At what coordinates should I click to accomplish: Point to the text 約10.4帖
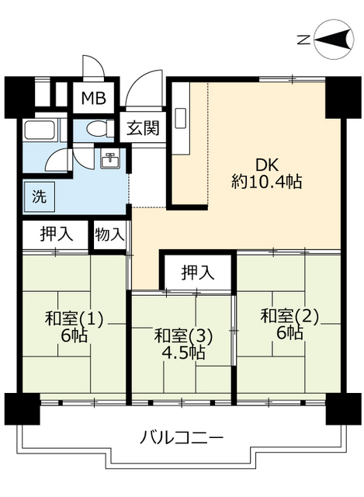click(x=266, y=183)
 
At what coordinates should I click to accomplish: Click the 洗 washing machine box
click(x=38, y=196)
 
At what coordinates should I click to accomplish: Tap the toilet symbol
click(x=97, y=129)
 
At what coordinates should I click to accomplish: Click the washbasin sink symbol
click(x=109, y=162)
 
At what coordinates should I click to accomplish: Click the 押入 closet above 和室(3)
click(x=197, y=273)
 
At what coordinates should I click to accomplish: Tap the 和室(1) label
click(x=74, y=318)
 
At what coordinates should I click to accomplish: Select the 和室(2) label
click(x=289, y=316)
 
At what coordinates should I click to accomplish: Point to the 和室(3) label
click(x=182, y=335)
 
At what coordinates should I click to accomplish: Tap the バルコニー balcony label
click(x=182, y=438)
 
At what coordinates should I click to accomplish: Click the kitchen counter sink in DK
click(x=180, y=117)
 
